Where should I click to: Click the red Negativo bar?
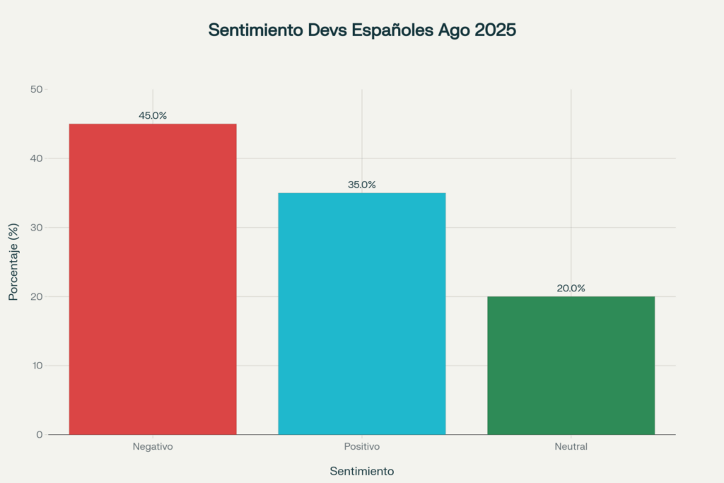point(153,279)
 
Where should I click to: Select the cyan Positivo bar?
point(362,313)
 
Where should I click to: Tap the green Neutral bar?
point(571,365)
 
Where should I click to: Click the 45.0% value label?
point(153,115)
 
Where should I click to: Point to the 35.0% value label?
point(362,185)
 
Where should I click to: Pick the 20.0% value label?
point(571,288)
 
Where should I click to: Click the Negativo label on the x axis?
point(153,447)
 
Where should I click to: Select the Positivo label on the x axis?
point(362,447)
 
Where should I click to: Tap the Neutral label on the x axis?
point(571,447)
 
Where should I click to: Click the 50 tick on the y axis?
point(37,89)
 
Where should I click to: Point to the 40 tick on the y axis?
point(37,158)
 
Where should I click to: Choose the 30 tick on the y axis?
point(37,227)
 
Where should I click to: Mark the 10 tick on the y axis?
point(37,366)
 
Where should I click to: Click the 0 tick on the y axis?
point(40,434)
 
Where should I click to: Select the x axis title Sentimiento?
point(362,470)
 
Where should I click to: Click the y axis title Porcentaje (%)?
point(13,262)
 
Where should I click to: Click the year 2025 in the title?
point(497,30)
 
